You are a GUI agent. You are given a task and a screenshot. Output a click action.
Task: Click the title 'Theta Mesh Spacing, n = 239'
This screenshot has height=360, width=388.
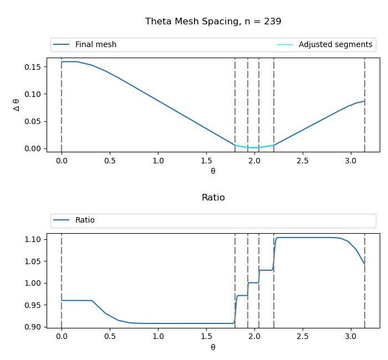[x=213, y=22]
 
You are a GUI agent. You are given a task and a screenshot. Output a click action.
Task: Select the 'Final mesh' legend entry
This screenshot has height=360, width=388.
[x=95, y=45]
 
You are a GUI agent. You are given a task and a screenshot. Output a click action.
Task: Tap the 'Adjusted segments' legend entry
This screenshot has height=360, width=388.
[x=335, y=45]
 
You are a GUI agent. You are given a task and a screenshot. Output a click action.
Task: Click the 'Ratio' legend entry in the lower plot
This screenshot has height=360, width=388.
[x=85, y=220]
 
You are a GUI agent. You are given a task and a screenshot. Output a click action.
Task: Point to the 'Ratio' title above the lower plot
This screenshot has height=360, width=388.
[x=213, y=198]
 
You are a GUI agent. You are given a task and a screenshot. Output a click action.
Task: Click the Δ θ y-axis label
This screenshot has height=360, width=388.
[x=17, y=105]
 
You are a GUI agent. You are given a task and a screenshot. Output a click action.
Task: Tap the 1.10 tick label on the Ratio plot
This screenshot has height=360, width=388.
[x=33, y=240]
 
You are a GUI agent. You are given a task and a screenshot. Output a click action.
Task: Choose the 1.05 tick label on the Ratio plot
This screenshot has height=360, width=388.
[x=33, y=261]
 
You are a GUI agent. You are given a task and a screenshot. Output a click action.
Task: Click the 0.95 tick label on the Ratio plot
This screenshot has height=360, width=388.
[x=33, y=305]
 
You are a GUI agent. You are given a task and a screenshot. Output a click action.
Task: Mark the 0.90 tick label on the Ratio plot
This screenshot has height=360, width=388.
[x=33, y=327]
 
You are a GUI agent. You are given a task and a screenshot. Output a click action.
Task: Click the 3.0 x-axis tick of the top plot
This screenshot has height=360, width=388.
[x=350, y=161]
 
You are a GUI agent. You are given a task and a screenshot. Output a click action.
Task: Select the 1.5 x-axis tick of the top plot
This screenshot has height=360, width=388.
[x=206, y=161]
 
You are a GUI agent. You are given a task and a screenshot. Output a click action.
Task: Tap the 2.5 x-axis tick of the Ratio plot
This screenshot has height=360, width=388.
[x=302, y=336]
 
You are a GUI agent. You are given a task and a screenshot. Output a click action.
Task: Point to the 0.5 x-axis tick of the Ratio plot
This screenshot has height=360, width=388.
[x=109, y=336]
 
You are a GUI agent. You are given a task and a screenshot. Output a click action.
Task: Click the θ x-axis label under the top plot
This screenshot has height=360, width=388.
[x=213, y=171]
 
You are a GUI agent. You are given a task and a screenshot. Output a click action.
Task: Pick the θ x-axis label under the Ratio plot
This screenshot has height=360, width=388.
[x=213, y=347]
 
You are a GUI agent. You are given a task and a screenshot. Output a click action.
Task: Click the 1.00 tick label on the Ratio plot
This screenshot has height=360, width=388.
[x=33, y=283]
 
